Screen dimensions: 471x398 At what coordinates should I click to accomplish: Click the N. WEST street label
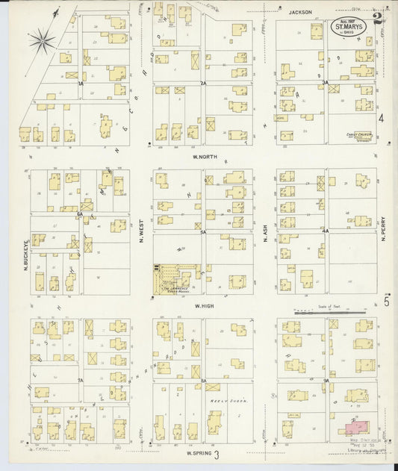pos(140,236)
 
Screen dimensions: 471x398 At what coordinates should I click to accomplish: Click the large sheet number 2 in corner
pos(379,19)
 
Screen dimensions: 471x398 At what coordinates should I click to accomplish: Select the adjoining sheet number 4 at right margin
pos(381,119)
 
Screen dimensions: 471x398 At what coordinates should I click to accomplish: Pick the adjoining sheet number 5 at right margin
pos(385,302)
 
